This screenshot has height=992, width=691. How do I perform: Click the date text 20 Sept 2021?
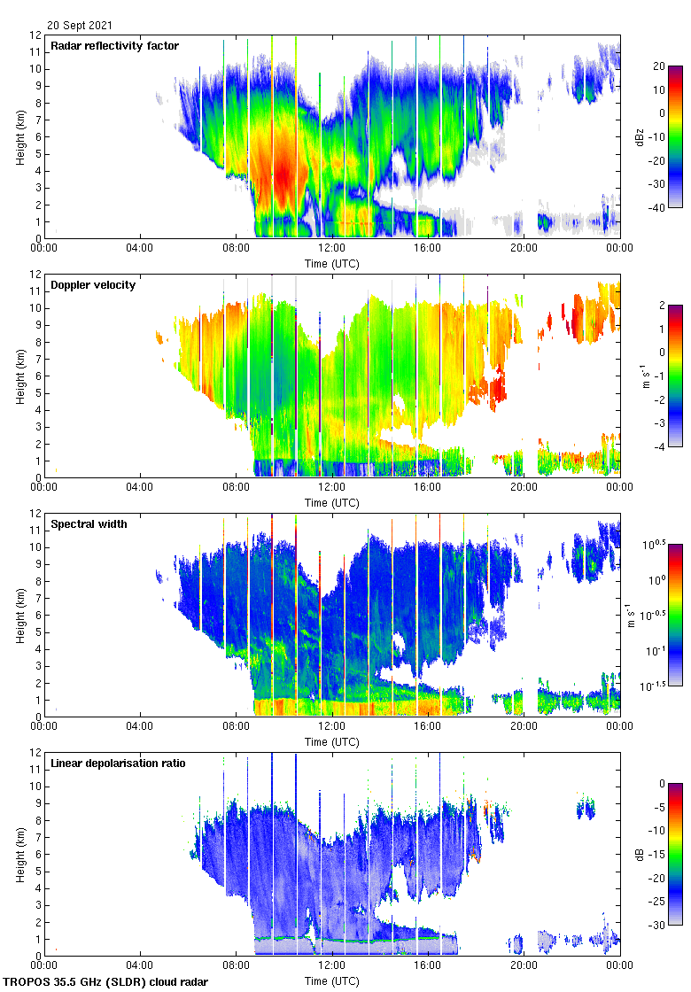click(x=81, y=26)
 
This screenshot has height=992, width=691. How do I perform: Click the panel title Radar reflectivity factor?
click(x=114, y=46)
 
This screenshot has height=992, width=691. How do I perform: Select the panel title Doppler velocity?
click(x=93, y=285)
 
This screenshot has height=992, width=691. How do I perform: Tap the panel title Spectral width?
click(x=89, y=524)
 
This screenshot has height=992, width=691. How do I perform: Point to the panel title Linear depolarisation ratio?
click(x=118, y=763)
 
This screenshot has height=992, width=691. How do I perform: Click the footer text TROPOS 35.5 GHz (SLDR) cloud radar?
click(x=107, y=982)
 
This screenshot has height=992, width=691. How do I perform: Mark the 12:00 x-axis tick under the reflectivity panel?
click(x=332, y=249)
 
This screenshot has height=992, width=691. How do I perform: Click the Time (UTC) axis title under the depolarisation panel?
click(x=332, y=980)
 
